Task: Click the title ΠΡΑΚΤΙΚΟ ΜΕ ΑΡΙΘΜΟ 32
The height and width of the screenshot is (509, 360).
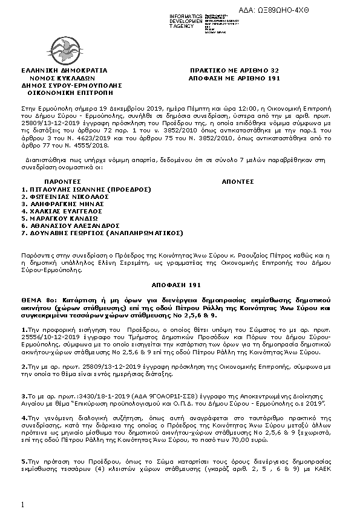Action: point(234,70)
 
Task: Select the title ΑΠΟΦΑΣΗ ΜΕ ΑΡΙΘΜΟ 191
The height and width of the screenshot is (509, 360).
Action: point(234,79)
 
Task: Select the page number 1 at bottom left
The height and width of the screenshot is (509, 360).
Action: point(22,504)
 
